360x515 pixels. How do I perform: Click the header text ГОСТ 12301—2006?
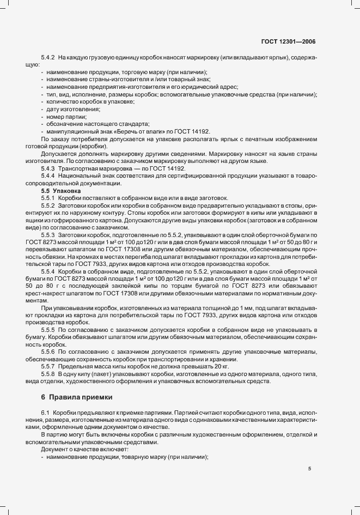(288, 41)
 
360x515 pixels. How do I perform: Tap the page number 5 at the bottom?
(309, 468)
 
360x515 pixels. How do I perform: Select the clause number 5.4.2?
(48, 57)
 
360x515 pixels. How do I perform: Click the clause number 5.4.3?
(48, 169)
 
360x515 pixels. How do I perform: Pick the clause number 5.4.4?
(48, 177)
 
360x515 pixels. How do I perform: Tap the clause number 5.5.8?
(48, 375)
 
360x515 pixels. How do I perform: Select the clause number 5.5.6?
(48, 353)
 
